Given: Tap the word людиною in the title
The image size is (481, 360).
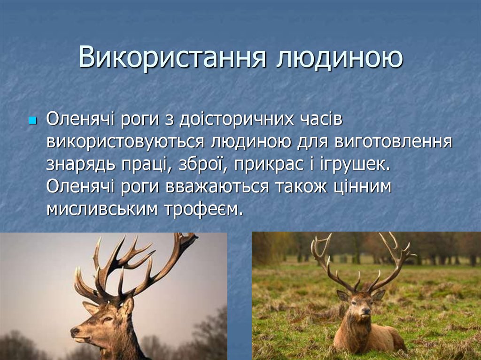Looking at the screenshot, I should click(x=339, y=58).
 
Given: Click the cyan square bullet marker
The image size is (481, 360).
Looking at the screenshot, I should click(x=32, y=121).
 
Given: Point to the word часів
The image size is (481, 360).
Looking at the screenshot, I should click(x=322, y=120).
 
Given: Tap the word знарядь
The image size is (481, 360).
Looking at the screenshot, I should click(x=79, y=164).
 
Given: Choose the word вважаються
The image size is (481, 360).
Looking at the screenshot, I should click(x=217, y=186).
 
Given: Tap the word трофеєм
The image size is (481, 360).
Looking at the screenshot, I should click(x=204, y=208).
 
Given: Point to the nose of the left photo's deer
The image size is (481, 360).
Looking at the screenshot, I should click(x=74, y=332).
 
